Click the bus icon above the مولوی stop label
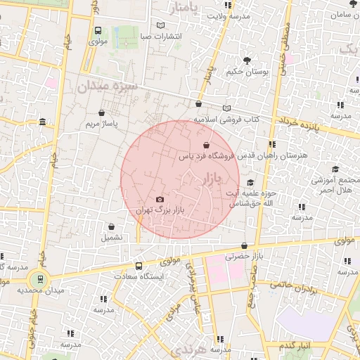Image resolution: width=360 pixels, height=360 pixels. pos(98,31)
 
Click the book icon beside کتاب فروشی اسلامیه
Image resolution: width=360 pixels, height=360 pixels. pos(226,108)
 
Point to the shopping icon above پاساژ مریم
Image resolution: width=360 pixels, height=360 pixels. pos(103,112)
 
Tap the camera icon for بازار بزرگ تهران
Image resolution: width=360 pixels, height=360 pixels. pos(159,200)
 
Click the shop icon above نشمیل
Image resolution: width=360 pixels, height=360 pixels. pos(112,226)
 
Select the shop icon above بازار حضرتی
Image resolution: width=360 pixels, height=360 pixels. pos(244,246)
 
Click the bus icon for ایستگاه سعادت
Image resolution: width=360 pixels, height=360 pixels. pos(139,266)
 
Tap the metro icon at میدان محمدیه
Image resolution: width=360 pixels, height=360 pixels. pos(39,278)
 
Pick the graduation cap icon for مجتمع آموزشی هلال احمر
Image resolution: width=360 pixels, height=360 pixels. pos(335,169)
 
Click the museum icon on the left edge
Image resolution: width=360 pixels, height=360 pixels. pos(43,122)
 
